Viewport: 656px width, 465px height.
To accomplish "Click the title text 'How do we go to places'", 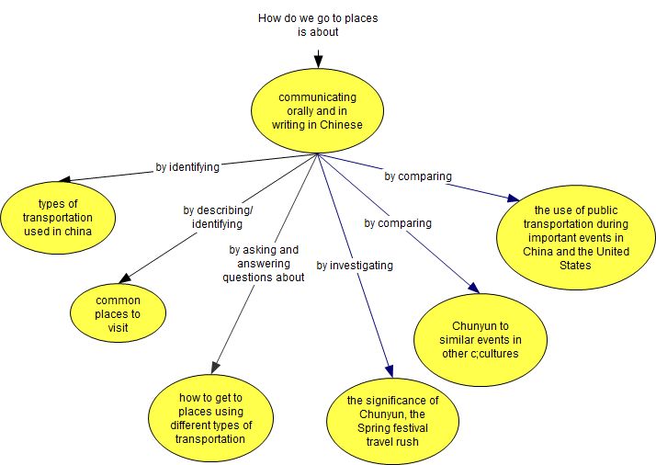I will (x=318, y=17).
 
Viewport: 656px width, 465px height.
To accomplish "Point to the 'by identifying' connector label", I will (x=187, y=167).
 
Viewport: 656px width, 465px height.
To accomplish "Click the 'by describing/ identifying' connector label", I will (x=218, y=216).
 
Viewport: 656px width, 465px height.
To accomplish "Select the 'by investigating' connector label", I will (x=355, y=265).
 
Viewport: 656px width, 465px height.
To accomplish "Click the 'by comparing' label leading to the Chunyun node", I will (x=398, y=222).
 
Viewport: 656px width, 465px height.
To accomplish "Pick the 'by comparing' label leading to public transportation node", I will (x=418, y=176).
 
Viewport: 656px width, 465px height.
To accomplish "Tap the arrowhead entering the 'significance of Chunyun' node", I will (x=390, y=370).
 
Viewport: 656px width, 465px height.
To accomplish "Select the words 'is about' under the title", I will (x=318, y=31).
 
